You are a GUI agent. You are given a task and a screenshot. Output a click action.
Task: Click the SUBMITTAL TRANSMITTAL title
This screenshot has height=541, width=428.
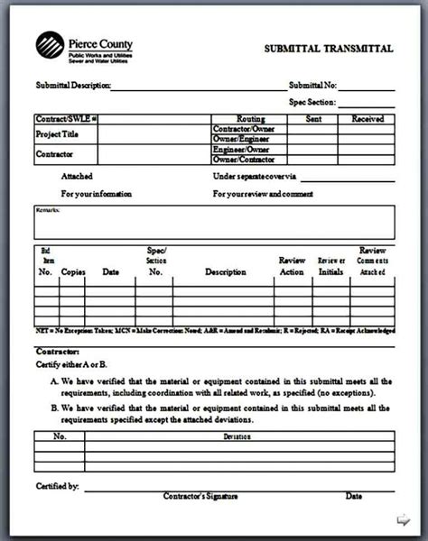(328, 49)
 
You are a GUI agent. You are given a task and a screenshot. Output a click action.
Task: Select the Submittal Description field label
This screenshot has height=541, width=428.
(73, 86)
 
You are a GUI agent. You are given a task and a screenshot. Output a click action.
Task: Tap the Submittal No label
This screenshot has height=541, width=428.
(312, 86)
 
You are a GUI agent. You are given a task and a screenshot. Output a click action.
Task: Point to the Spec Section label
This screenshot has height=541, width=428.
(312, 102)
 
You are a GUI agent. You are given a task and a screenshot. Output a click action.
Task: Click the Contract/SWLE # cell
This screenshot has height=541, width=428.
(66, 119)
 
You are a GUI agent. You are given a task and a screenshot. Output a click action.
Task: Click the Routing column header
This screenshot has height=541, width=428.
(250, 119)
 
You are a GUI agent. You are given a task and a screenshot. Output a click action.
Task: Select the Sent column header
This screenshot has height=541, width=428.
(314, 119)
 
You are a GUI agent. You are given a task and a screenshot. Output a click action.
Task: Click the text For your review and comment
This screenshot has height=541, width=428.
(263, 194)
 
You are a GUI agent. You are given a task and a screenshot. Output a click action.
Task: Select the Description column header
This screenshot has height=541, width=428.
(225, 271)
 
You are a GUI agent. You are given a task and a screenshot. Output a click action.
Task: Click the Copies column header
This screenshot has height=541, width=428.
(73, 271)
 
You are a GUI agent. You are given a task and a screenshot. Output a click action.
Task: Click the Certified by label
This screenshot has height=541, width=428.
(57, 487)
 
